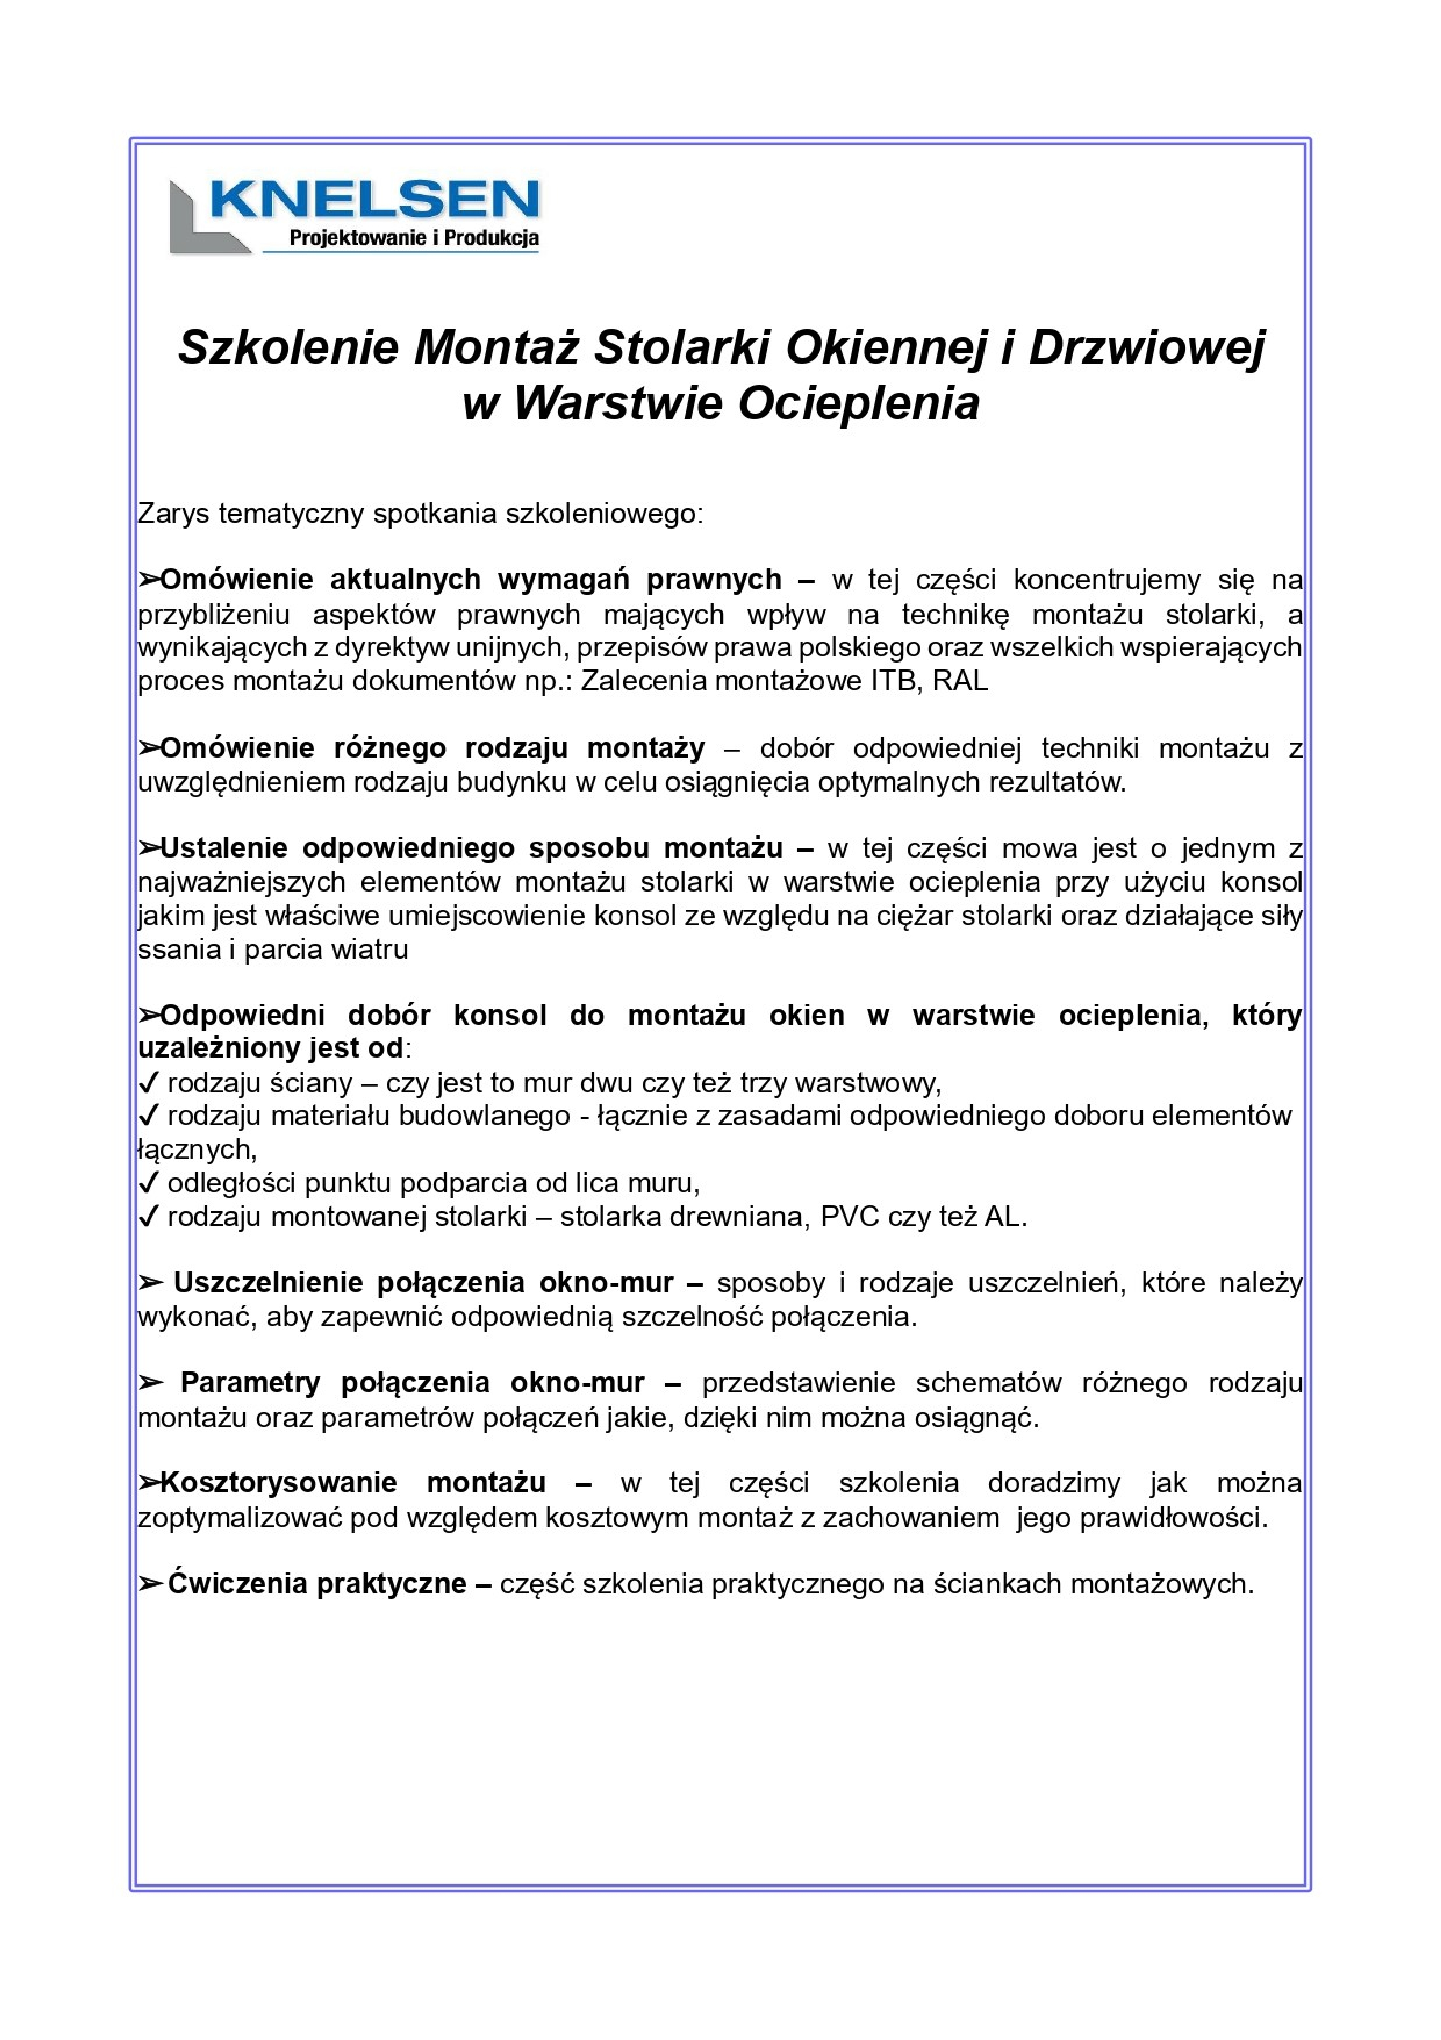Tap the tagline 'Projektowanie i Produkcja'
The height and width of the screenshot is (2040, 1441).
414,238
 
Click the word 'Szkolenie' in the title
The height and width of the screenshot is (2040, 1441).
289,347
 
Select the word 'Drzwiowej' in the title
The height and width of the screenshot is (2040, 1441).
1146,347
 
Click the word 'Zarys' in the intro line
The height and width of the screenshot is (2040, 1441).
173,514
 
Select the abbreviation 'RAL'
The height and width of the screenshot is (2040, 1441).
960,682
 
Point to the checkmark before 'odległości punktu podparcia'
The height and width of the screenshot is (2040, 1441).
148,1183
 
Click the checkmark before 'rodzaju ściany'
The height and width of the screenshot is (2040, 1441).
148,1083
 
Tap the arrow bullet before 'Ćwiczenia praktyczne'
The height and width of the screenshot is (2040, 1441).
150,1583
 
